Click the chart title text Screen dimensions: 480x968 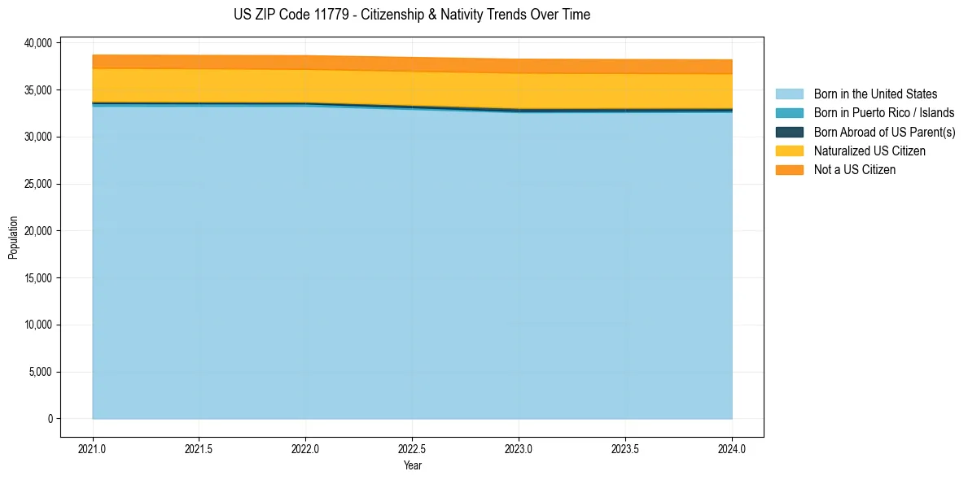(x=411, y=15)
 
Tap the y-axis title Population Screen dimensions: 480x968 (x=13, y=238)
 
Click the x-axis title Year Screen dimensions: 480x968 (x=412, y=465)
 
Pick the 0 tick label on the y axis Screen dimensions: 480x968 (x=49, y=419)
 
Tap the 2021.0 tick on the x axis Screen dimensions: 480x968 (x=93, y=448)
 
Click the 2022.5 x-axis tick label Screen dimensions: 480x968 (x=412, y=448)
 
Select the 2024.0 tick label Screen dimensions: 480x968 (x=732, y=448)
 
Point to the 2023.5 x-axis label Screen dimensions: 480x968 (x=625, y=448)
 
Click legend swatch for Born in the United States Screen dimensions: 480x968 (x=789, y=94)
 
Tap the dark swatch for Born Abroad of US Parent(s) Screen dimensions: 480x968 (x=789, y=132)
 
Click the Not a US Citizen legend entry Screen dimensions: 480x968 (x=854, y=170)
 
